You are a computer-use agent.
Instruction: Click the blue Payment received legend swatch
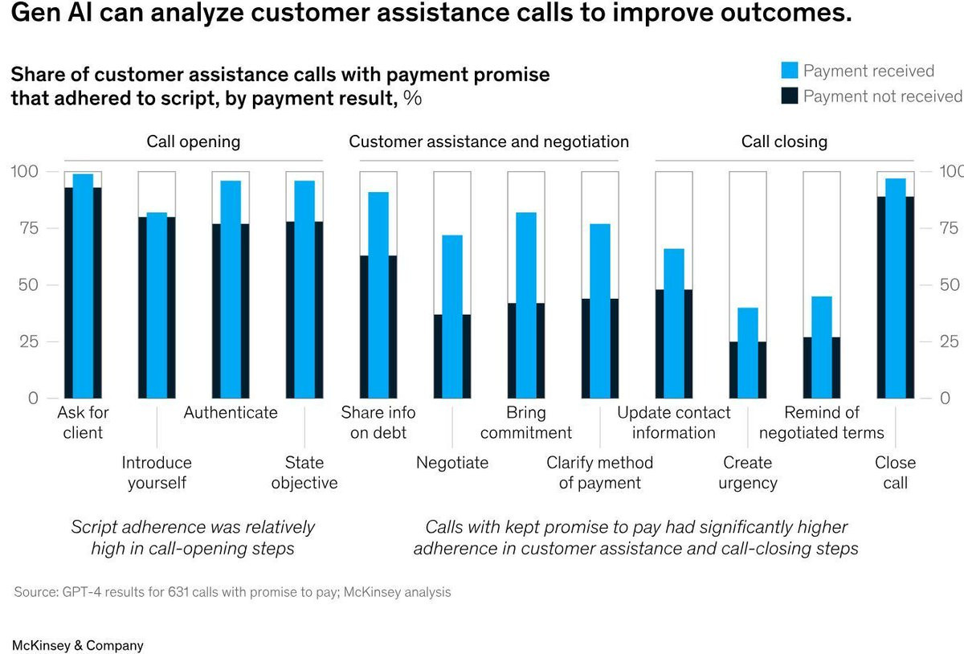790,71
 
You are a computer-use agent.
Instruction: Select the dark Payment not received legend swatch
790,96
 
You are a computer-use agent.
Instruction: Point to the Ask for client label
83,423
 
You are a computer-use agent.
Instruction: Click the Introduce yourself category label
157,472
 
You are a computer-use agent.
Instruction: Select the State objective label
304,472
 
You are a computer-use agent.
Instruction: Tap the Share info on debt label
378,423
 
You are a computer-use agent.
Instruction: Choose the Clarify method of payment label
600,472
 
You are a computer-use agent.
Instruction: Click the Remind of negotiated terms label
821,423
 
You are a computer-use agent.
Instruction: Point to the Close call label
895,472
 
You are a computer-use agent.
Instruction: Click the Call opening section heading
193,141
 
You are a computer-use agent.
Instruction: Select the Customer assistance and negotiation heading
488,141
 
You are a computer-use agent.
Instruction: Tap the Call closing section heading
784,141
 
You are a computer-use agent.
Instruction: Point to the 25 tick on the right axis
949,341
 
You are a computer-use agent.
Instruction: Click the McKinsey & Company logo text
78,645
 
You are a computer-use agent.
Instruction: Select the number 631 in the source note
178,592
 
